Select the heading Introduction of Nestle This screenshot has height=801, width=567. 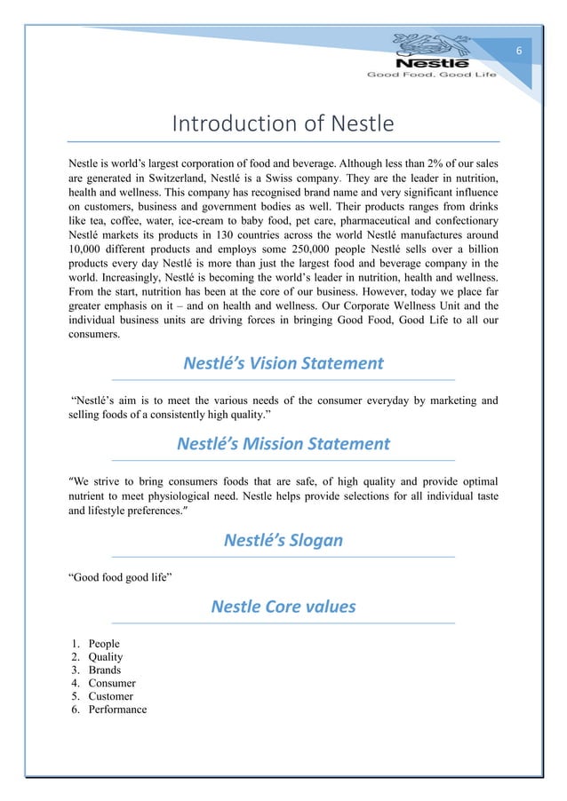tap(283, 124)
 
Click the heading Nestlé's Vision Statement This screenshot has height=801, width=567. tap(283, 363)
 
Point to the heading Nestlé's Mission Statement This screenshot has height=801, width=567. tap(283, 443)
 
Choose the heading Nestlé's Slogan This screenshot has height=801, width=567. tap(283, 540)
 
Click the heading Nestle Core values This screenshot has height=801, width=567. tap(283, 607)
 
